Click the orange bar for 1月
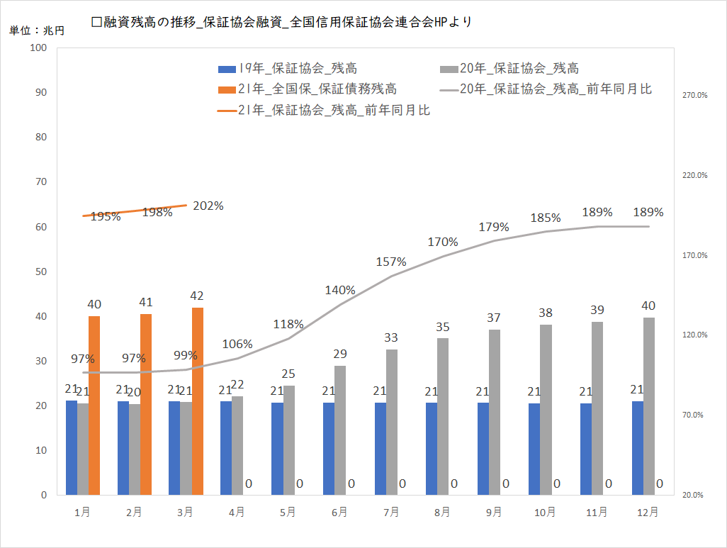[x=94, y=405]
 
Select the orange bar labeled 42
[x=198, y=401]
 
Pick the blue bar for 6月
[x=329, y=448]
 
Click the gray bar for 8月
[x=443, y=416]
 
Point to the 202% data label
[x=208, y=206]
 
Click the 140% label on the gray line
[x=341, y=290]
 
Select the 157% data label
[x=392, y=262]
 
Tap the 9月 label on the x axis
[x=494, y=512]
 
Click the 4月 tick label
[x=237, y=512]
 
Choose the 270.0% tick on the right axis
[x=694, y=95]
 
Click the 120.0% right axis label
[x=694, y=335]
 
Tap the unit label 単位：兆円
[x=36, y=31]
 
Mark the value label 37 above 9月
[x=494, y=318]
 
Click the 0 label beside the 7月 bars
[x=402, y=484]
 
